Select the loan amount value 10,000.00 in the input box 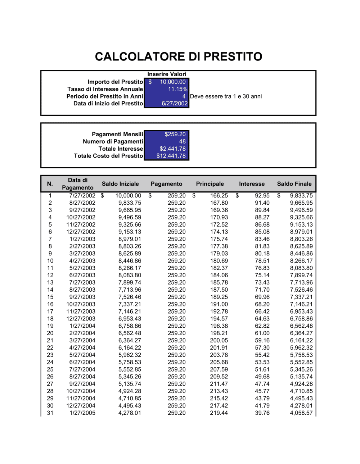[x=172, y=82]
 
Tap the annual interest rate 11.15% [x=177, y=89]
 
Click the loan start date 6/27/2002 [x=175, y=104]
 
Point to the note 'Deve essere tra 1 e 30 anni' [x=226, y=96]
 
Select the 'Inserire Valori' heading [x=167, y=74]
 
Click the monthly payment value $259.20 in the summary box [x=175, y=134]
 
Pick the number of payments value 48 [x=182, y=142]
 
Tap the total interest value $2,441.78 [x=172, y=149]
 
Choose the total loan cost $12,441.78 [x=171, y=156]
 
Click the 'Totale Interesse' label [x=121, y=149]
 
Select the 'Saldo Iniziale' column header [x=120, y=184]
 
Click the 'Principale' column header [x=210, y=184]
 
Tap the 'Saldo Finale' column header [x=294, y=184]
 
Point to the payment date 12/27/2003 [x=81, y=319]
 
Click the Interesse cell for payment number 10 [x=262, y=261]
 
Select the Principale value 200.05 [x=219, y=340]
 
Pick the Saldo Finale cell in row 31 [x=301, y=413]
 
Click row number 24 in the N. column [x=50, y=362]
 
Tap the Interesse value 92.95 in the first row [x=262, y=196]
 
